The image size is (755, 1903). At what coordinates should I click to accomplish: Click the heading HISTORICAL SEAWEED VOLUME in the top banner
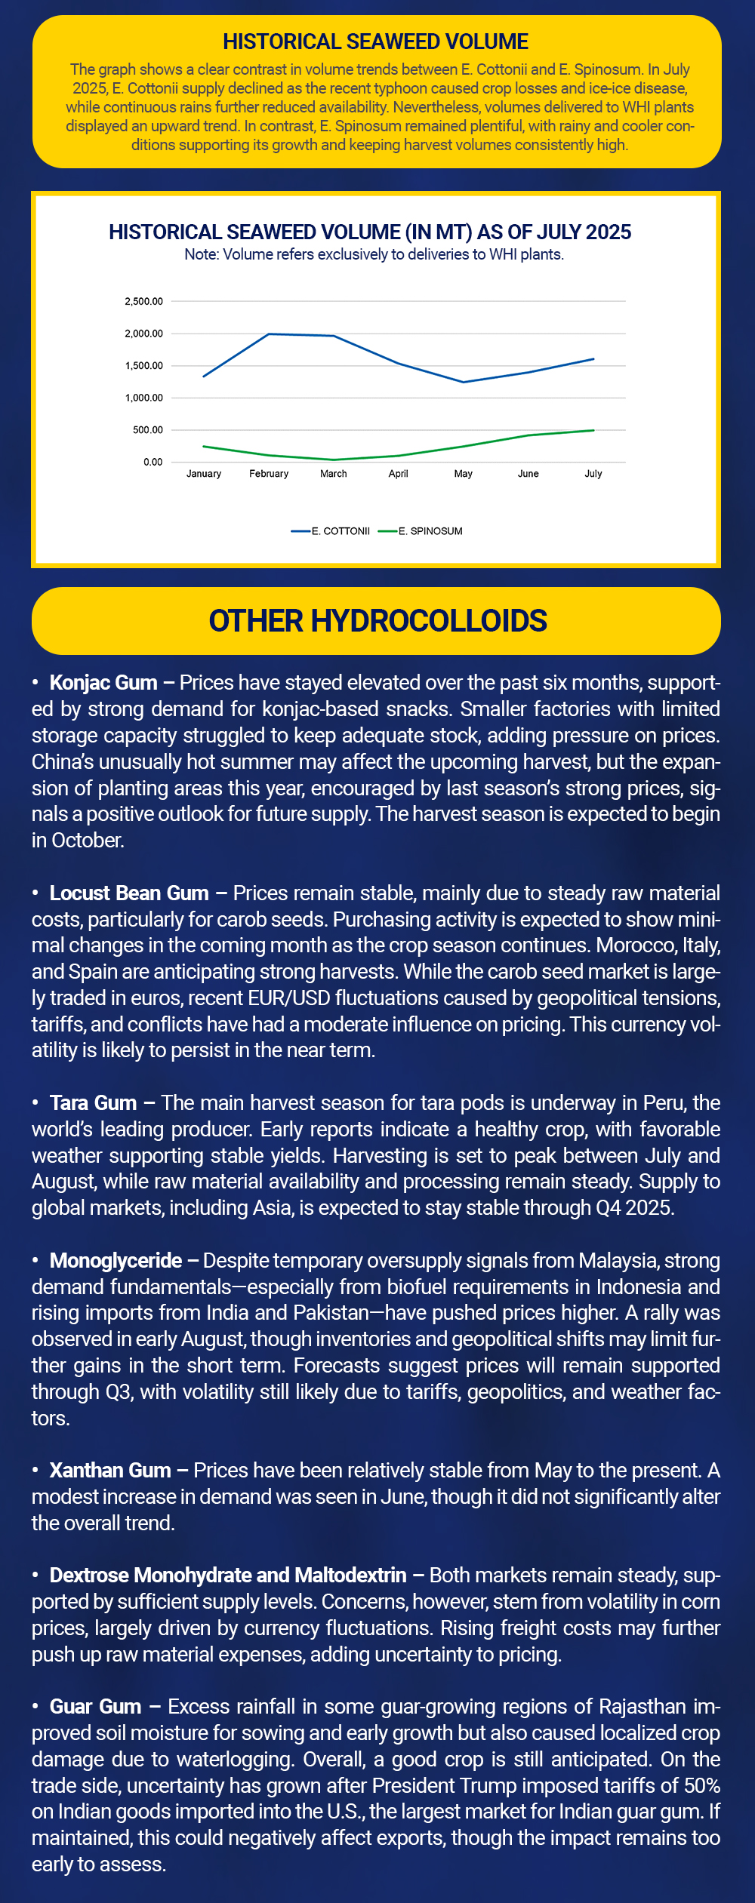point(375,42)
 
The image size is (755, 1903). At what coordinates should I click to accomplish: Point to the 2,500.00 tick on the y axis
point(143,302)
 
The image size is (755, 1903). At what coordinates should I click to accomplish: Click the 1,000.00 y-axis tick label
point(143,398)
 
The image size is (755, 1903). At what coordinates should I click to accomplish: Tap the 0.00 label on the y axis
point(153,462)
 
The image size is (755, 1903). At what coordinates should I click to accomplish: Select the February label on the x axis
point(269,474)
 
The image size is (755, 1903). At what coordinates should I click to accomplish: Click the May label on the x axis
point(463,474)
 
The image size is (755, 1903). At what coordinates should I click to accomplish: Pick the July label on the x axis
point(593,474)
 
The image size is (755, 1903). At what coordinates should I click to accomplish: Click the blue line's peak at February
point(270,334)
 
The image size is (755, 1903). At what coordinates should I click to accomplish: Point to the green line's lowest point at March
point(334,460)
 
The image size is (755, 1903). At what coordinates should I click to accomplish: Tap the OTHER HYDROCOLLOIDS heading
point(377,621)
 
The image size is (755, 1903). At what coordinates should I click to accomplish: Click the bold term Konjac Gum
point(103,683)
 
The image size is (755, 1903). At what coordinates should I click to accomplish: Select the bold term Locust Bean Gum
point(129,893)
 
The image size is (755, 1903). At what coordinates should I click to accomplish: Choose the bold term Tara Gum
point(93,1103)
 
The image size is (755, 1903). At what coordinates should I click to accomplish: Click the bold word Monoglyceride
point(116,1261)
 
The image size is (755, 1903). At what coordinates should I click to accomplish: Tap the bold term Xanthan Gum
point(110,1471)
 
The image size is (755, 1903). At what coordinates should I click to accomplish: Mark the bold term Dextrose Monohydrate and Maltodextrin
point(228,1576)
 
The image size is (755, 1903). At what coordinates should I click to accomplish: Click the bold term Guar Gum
point(95,1707)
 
